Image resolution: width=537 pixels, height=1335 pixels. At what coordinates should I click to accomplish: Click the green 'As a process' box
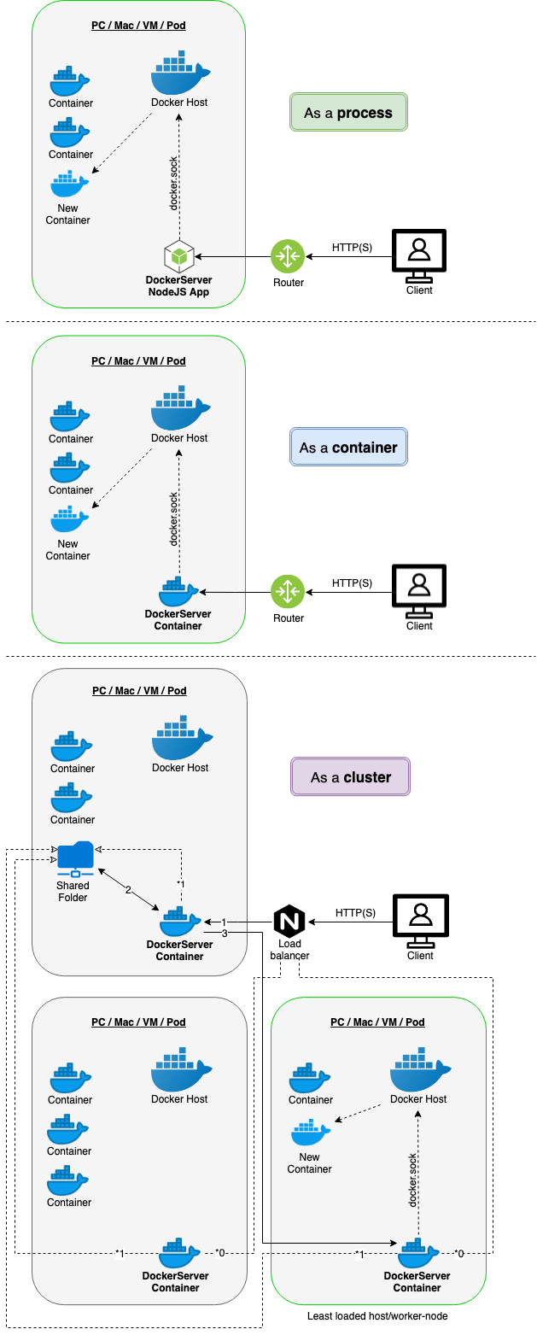348,112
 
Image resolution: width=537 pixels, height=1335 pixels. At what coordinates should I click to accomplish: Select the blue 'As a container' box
348,447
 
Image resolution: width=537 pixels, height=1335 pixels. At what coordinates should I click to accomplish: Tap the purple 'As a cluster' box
350,776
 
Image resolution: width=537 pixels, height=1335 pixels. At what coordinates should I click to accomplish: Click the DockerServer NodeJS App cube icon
179,256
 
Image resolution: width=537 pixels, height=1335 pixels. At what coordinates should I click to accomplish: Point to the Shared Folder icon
75,859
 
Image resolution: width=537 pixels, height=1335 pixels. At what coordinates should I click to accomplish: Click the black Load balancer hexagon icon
289,921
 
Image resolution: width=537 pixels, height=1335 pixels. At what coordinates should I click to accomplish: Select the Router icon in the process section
288,256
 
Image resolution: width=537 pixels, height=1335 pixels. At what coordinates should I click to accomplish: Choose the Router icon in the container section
288,592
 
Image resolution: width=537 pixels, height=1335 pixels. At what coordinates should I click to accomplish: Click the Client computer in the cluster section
421,921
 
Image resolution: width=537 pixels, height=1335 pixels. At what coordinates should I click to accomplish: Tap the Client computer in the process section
419,256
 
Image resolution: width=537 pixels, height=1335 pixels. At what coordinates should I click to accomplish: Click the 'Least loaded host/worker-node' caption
377,1315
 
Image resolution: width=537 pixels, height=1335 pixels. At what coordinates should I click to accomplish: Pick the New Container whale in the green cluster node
311,1132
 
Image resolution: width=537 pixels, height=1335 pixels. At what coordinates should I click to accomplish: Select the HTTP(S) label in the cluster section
355,912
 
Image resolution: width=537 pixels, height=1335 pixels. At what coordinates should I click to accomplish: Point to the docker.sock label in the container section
174,519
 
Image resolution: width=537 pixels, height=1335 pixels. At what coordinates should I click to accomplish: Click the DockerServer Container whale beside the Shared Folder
181,922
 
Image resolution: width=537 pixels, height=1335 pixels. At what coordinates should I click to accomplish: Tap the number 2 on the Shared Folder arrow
128,890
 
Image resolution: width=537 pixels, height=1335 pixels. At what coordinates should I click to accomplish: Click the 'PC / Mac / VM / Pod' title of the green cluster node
378,1022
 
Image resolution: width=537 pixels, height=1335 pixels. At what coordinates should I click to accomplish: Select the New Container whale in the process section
70,184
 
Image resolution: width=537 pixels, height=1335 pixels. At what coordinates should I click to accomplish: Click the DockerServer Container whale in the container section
178,591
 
